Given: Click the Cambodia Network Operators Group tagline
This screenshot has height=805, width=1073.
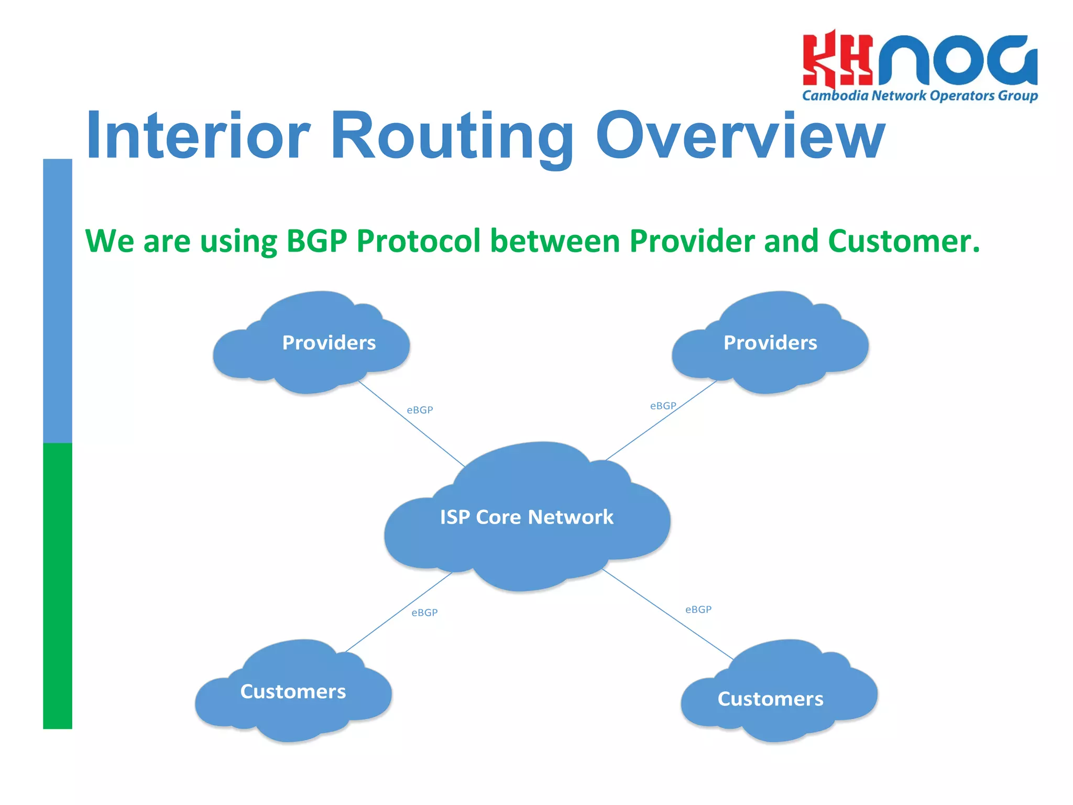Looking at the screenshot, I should [919, 96].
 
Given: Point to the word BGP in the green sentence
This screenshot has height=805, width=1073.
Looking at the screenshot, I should [316, 242].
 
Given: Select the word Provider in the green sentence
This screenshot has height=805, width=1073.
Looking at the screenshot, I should [692, 242].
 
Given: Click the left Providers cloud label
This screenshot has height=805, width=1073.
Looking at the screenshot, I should [329, 343].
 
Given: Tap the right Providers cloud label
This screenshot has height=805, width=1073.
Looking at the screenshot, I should [770, 343].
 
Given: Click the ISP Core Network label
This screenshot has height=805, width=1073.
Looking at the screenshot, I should [527, 517].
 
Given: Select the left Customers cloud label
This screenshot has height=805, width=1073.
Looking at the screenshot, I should [293, 692].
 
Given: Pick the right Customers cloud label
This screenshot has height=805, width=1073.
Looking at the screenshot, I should [770, 699].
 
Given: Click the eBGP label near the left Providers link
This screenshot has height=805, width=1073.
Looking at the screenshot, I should [420, 410].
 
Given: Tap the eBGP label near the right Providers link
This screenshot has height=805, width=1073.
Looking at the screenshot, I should [663, 406].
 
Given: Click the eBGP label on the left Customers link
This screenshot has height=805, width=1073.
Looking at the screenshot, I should [424, 613].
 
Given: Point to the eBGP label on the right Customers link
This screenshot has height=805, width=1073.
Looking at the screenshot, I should [698, 610].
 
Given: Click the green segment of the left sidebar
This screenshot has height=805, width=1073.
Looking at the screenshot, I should [58, 586].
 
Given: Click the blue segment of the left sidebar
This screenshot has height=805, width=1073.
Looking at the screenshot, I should [58, 301].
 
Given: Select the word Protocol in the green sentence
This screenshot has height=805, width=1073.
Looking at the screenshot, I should [418, 242].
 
